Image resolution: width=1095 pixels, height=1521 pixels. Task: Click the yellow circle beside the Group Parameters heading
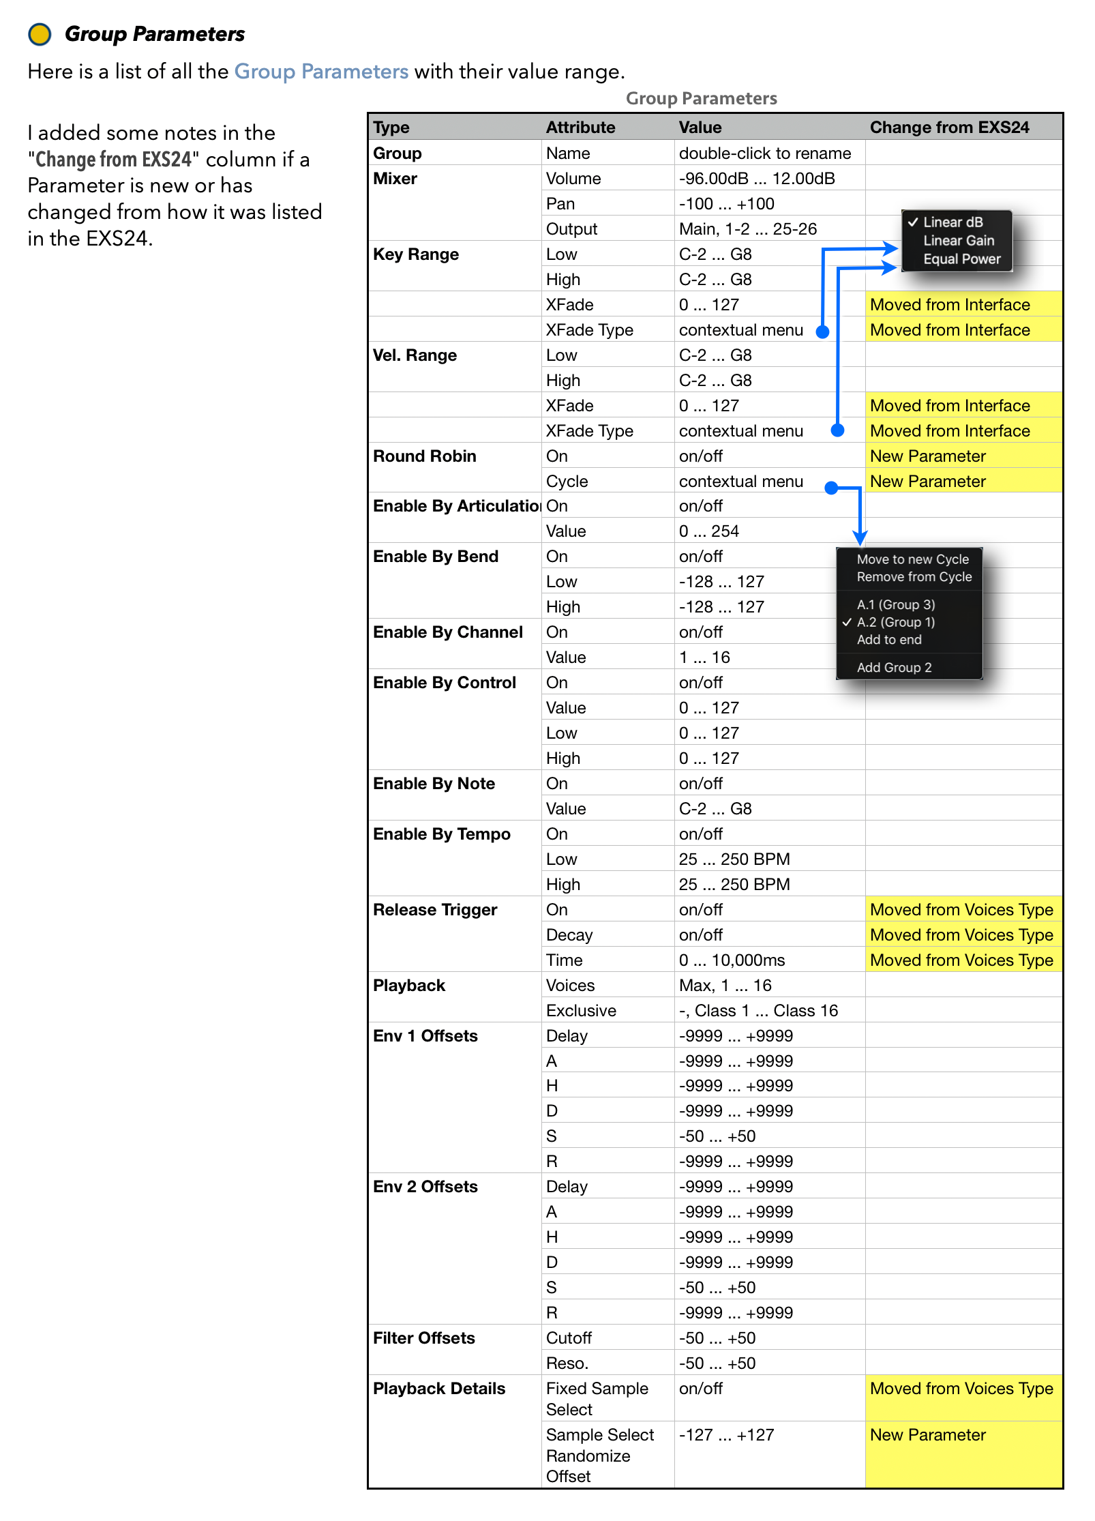(40, 34)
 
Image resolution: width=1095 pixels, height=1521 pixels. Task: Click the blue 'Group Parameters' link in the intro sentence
(321, 72)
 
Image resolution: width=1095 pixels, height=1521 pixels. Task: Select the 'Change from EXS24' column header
(949, 128)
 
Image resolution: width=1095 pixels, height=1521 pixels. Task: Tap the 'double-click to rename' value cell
(764, 153)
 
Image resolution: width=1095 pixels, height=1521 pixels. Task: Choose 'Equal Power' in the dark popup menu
(961, 259)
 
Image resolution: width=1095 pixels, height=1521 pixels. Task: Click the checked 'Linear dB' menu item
(952, 222)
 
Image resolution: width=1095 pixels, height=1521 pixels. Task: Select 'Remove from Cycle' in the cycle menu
(914, 577)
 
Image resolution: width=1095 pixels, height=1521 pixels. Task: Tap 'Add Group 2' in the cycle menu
(894, 668)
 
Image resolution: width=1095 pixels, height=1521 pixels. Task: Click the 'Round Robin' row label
(424, 456)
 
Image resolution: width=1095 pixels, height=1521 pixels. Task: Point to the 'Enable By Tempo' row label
(441, 834)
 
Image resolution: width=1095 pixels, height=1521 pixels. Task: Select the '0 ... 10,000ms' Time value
(732, 960)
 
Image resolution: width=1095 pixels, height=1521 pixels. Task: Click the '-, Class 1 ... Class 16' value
(757, 1011)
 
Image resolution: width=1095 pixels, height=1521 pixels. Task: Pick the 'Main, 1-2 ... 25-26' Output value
(747, 229)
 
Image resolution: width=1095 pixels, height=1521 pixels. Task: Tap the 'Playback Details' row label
(438, 1389)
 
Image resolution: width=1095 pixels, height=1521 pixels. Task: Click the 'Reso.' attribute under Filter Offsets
(567, 1363)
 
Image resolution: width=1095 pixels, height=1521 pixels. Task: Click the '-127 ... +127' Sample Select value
(726, 1435)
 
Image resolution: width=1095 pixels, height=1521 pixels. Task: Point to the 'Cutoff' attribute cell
(569, 1338)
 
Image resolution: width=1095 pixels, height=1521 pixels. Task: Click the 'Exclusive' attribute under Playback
(581, 1011)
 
